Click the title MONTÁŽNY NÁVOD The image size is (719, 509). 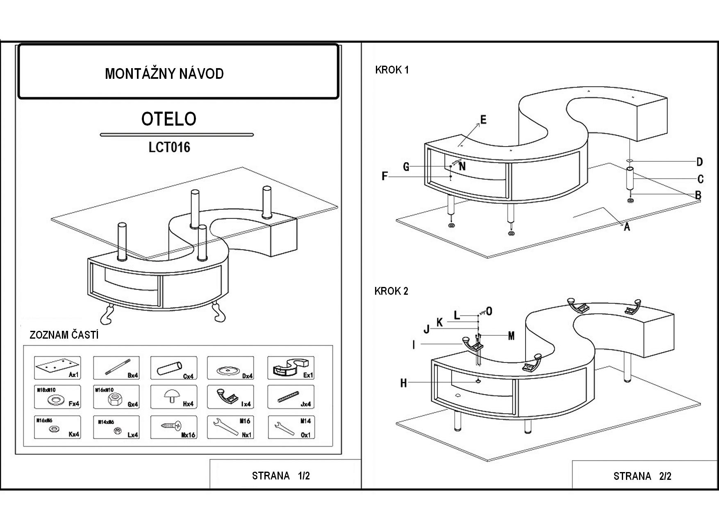click(164, 74)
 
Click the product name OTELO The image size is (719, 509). click(169, 119)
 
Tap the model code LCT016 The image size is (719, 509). click(169, 147)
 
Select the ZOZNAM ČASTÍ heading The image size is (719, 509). click(64, 335)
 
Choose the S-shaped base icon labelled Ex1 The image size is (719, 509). click(289, 367)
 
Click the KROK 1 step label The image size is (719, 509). click(392, 70)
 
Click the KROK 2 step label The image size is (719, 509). click(391, 291)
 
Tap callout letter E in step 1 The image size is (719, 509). click(483, 120)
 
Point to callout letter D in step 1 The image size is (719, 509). click(700, 162)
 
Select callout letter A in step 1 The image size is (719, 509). click(626, 227)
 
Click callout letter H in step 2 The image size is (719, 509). click(404, 383)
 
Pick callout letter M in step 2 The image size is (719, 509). click(511, 336)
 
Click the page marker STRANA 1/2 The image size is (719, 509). click(281, 476)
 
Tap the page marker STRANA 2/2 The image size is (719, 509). click(642, 476)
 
